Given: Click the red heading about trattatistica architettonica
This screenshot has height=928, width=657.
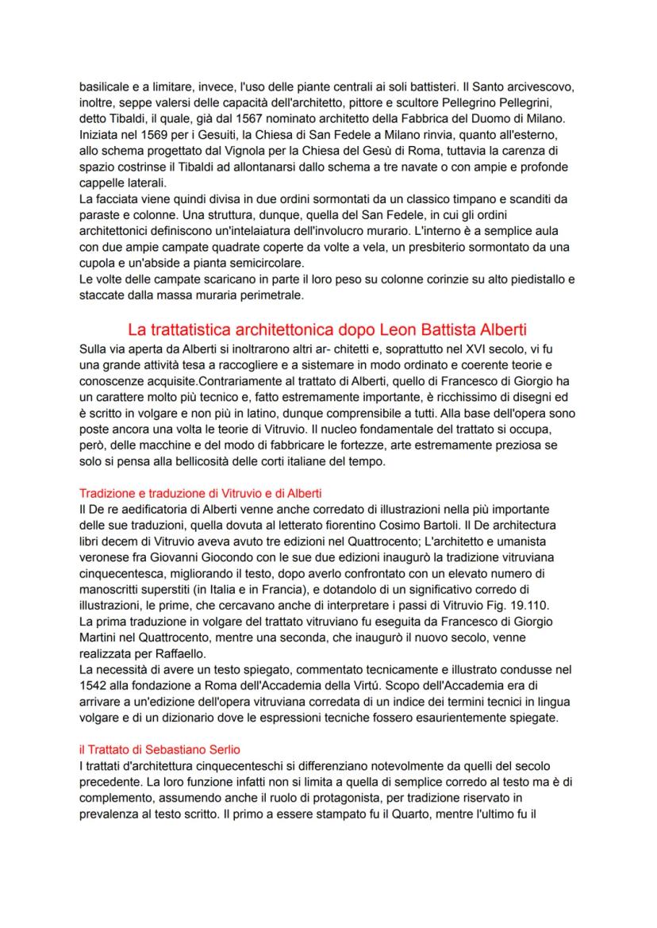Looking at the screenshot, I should (x=327, y=329).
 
